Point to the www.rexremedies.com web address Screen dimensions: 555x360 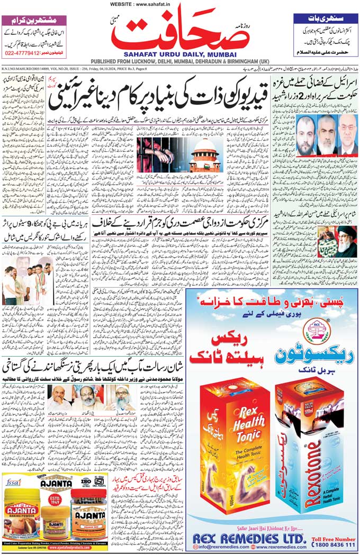click(281, 549)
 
